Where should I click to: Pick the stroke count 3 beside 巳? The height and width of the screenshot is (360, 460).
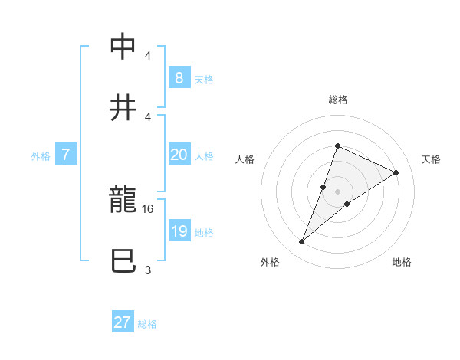tap(148, 270)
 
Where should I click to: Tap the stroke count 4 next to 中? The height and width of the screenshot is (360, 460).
tap(148, 56)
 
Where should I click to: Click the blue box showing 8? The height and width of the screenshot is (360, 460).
tap(179, 77)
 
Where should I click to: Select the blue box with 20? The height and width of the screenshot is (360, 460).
tap(179, 155)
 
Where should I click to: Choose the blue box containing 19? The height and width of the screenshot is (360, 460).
tap(179, 231)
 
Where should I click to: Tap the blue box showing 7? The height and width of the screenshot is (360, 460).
tap(66, 155)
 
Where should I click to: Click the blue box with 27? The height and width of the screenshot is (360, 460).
tap(123, 322)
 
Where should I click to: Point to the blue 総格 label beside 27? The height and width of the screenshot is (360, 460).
tap(147, 324)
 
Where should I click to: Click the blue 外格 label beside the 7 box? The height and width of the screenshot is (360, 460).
tap(41, 156)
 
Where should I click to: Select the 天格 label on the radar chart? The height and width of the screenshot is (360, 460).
tap(431, 159)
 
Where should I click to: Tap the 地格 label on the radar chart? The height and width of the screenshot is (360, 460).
tap(402, 262)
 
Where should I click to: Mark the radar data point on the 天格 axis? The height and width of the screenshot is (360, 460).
tap(396, 173)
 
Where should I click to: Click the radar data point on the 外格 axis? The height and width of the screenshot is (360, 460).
tap(301, 242)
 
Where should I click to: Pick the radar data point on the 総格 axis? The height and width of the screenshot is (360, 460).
tap(337, 146)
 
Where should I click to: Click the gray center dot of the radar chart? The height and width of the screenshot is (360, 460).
tap(337, 191)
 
